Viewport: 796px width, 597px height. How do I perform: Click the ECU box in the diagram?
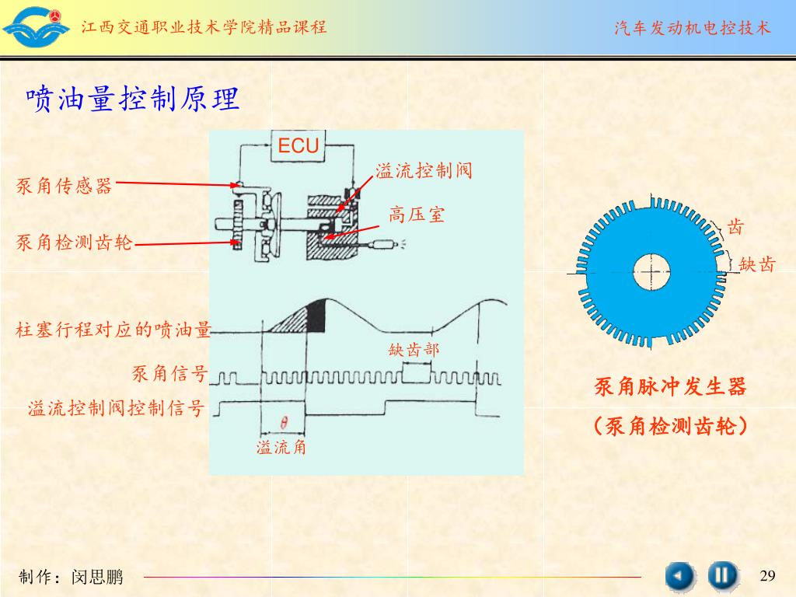pyautogui.click(x=298, y=145)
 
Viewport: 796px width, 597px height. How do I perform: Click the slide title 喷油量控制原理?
pyautogui.click(x=132, y=99)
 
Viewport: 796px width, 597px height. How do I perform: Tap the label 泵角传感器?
pyautogui.click(x=65, y=187)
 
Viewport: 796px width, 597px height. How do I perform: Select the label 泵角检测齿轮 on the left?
pyautogui.click(x=75, y=243)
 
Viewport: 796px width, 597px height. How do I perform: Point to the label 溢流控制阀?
pyautogui.click(x=424, y=170)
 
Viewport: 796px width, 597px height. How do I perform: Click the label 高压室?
pyautogui.click(x=417, y=215)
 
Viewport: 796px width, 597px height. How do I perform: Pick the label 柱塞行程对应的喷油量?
pyautogui.click(x=113, y=330)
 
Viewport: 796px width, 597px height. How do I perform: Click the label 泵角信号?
pyautogui.click(x=169, y=375)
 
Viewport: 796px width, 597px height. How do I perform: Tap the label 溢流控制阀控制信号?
pyautogui.click(x=116, y=408)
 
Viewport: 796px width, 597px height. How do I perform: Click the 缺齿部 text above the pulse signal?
pyautogui.click(x=414, y=350)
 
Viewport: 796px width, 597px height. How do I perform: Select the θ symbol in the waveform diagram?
pyautogui.click(x=284, y=424)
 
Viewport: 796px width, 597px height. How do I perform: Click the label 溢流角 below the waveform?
pyautogui.click(x=281, y=447)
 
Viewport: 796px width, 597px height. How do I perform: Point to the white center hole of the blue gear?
pyautogui.click(x=651, y=271)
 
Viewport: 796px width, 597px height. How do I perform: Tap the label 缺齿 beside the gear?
pyautogui.click(x=757, y=264)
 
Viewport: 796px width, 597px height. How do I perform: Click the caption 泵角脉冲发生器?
pyautogui.click(x=670, y=386)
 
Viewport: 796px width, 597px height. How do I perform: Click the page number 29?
pyautogui.click(x=767, y=575)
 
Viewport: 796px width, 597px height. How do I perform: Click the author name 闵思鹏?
pyautogui.click(x=97, y=577)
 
